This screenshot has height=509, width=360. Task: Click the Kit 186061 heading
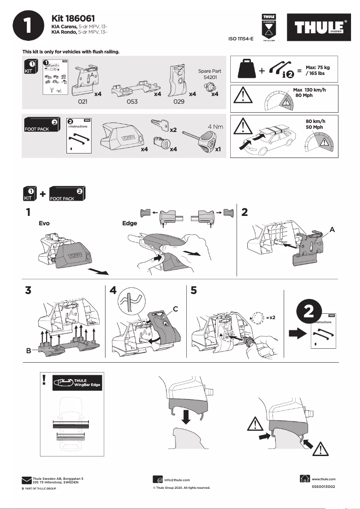pyautogui.click(x=73, y=18)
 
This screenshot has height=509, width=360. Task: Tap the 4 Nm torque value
pyautogui.click(x=215, y=127)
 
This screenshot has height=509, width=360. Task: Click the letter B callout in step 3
pyautogui.click(x=28, y=351)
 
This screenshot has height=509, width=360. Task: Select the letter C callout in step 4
pyautogui.click(x=176, y=309)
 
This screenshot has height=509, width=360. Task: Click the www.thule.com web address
pyautogui.click(x=323, y=479)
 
